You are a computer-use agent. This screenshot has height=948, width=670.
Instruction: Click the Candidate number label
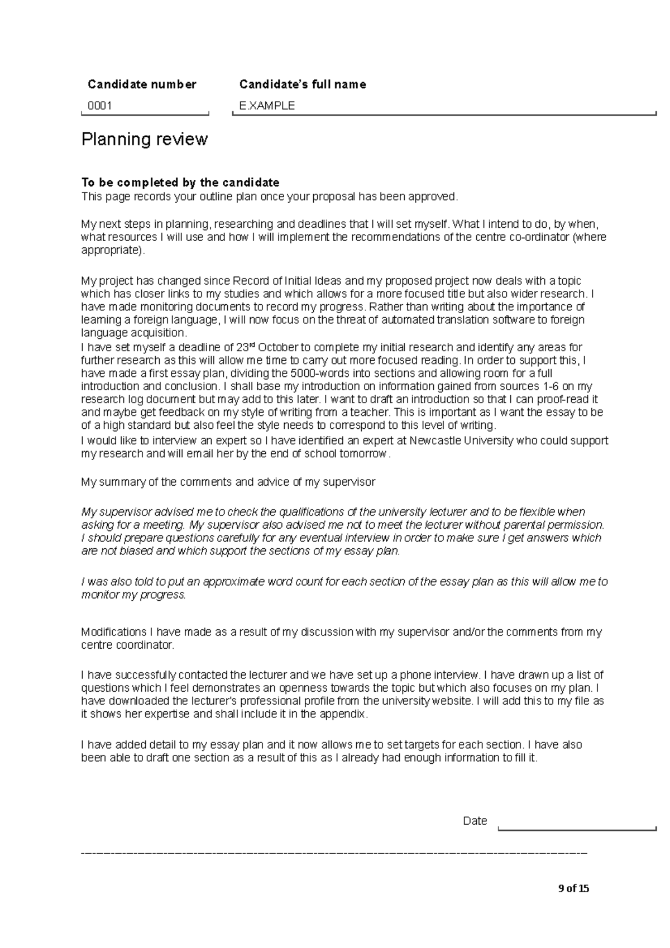click(142, 84)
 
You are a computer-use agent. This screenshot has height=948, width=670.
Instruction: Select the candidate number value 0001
click(99, 106)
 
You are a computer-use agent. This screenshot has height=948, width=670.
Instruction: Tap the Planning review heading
click(145, 139)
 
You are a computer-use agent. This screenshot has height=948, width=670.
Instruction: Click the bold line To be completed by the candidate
click(180, 183)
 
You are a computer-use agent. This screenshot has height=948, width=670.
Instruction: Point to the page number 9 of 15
click(573, 888)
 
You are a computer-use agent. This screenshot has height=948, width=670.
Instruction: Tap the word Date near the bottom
click(475, 821)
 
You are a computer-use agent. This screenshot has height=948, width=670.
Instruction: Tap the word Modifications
click(114, 632)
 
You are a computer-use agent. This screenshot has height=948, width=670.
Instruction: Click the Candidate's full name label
click(303, 84)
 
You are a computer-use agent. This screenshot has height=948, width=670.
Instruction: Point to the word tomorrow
click(365, 453)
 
